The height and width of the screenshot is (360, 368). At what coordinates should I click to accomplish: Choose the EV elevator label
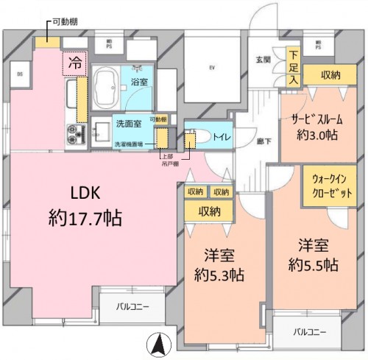point(211,68)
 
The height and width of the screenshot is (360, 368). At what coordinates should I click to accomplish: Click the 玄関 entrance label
point(261,60)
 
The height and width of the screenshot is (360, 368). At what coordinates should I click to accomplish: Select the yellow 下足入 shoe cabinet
point(294,66)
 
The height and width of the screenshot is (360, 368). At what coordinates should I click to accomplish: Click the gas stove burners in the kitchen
point(77,135)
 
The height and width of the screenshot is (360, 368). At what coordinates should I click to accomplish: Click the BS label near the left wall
point(19,74)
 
